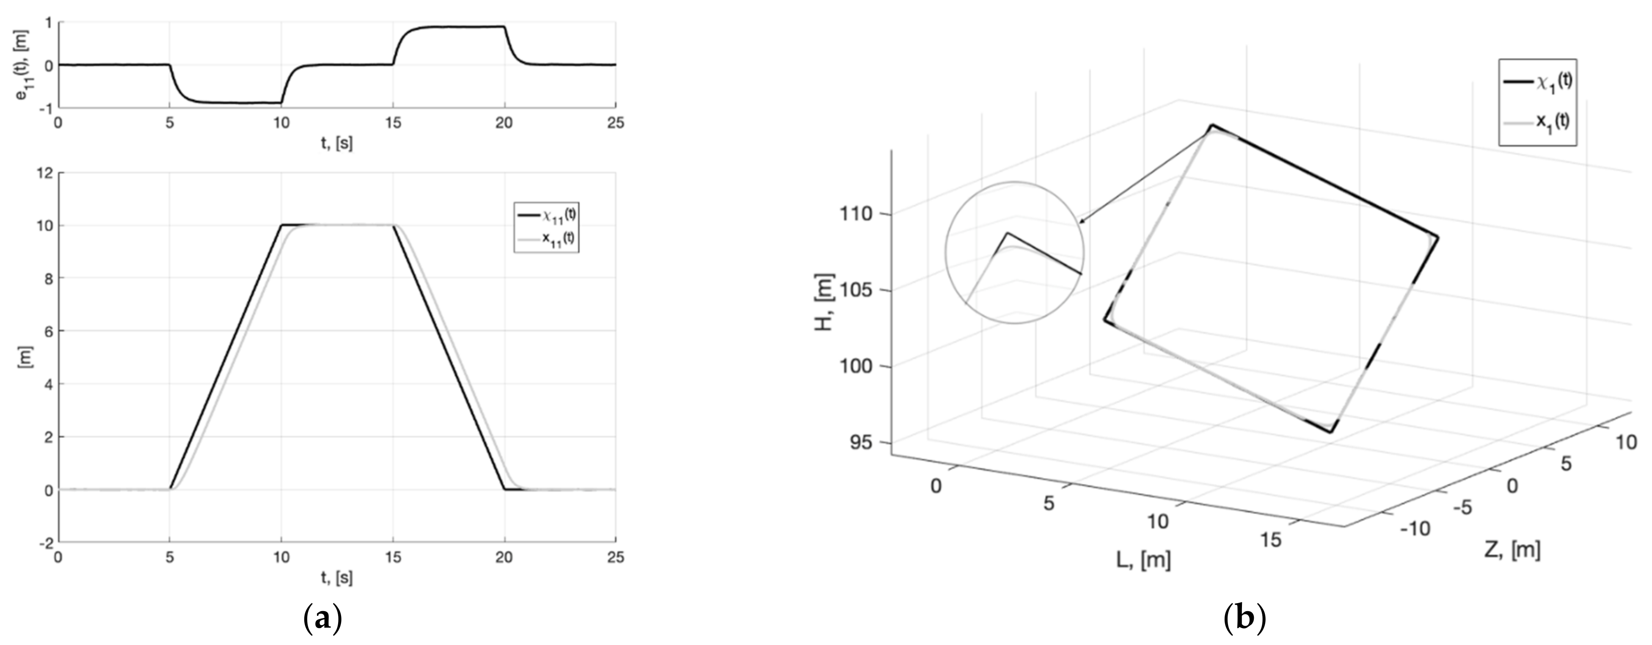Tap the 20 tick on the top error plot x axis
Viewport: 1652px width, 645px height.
click(x=504, y=123)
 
